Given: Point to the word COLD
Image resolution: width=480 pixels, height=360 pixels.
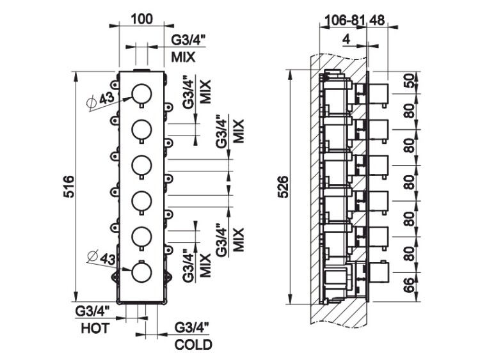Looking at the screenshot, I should coord(193,345).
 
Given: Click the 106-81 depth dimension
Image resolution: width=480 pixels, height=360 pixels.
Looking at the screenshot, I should coord(341,20).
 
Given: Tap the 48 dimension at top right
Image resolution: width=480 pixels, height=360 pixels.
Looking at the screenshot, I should coord(378,20).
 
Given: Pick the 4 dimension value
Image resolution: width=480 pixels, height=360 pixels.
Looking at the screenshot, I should coord(346,40).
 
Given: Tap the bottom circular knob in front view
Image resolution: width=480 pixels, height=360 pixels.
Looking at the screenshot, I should coord(141,274).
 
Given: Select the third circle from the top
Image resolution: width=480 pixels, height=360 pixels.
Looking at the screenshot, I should coord(141,166).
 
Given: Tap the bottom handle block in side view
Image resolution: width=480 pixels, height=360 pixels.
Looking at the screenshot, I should coord(380,274).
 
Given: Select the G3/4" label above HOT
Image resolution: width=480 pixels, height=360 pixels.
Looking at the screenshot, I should coord(93,311).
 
